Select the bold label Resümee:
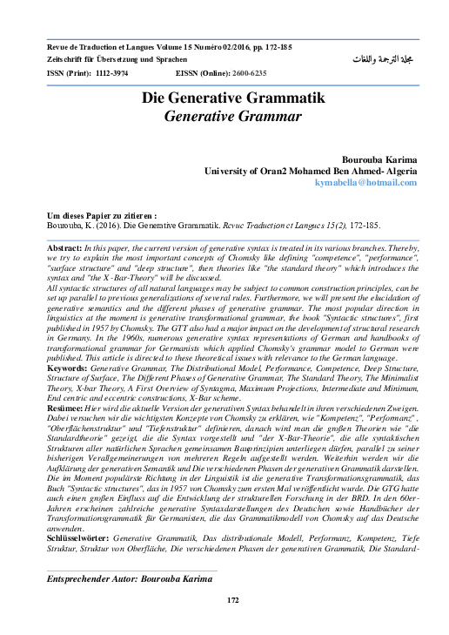click(x=68, y=408)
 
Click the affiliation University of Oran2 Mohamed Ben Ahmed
click(x=310, y=172)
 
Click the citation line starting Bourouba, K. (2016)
click(x=213, y=224)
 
